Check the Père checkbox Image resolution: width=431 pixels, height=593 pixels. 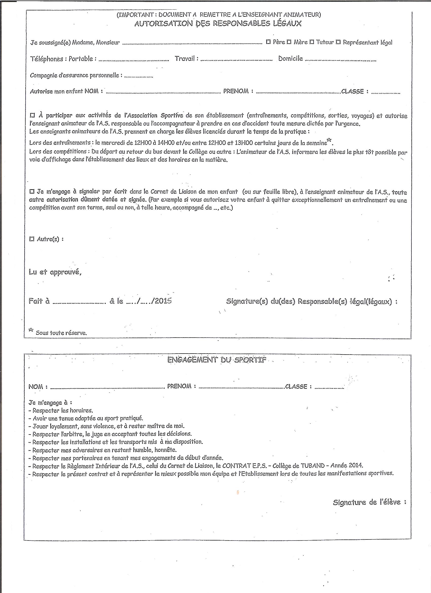268,42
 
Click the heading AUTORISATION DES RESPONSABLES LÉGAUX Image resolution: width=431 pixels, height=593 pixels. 218,24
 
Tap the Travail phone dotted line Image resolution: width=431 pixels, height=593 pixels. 237,60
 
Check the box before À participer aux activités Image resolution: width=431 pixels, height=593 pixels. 32,115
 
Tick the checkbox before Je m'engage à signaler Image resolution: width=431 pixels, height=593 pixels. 32,191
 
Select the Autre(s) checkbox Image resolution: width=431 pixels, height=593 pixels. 32,239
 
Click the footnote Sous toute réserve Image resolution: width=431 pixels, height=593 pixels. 61,333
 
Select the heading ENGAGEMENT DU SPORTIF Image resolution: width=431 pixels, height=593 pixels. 217,360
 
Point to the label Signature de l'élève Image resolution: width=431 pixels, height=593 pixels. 369,502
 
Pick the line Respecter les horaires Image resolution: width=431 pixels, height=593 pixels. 62,410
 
